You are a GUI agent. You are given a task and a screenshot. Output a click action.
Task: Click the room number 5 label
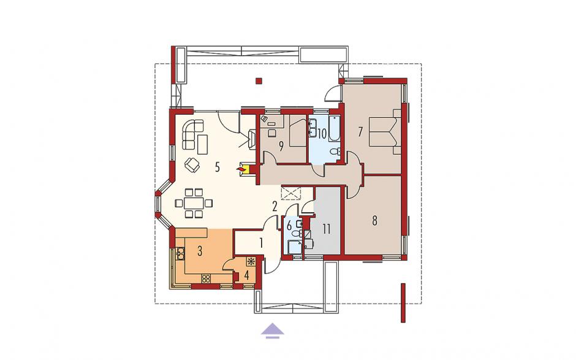tap(217, 167)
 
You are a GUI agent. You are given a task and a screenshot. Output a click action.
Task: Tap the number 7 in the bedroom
tap(361, 132)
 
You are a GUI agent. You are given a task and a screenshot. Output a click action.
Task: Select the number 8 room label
tap(374, 221)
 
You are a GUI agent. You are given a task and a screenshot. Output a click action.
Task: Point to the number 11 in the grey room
tap(327, 229)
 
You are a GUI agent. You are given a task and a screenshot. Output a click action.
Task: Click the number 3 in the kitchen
tap(200, 251)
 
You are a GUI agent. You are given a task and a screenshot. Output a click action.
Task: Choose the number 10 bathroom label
tap(322, 134)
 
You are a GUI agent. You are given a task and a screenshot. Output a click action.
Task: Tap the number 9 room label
tap(281, 147)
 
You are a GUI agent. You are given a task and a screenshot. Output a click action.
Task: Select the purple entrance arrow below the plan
tap(273, 329)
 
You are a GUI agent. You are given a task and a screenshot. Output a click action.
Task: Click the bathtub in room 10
tap(335, 128)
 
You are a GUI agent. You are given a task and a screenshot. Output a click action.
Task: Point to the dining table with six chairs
tap(194, 202)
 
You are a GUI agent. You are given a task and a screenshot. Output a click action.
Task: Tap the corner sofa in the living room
tap(191, 134)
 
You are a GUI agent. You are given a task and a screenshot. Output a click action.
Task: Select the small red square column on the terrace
tap(259, 81)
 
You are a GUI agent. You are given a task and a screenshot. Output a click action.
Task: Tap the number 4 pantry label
tap(246, 275)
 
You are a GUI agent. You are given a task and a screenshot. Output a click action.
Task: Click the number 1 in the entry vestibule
tap(261, 243)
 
